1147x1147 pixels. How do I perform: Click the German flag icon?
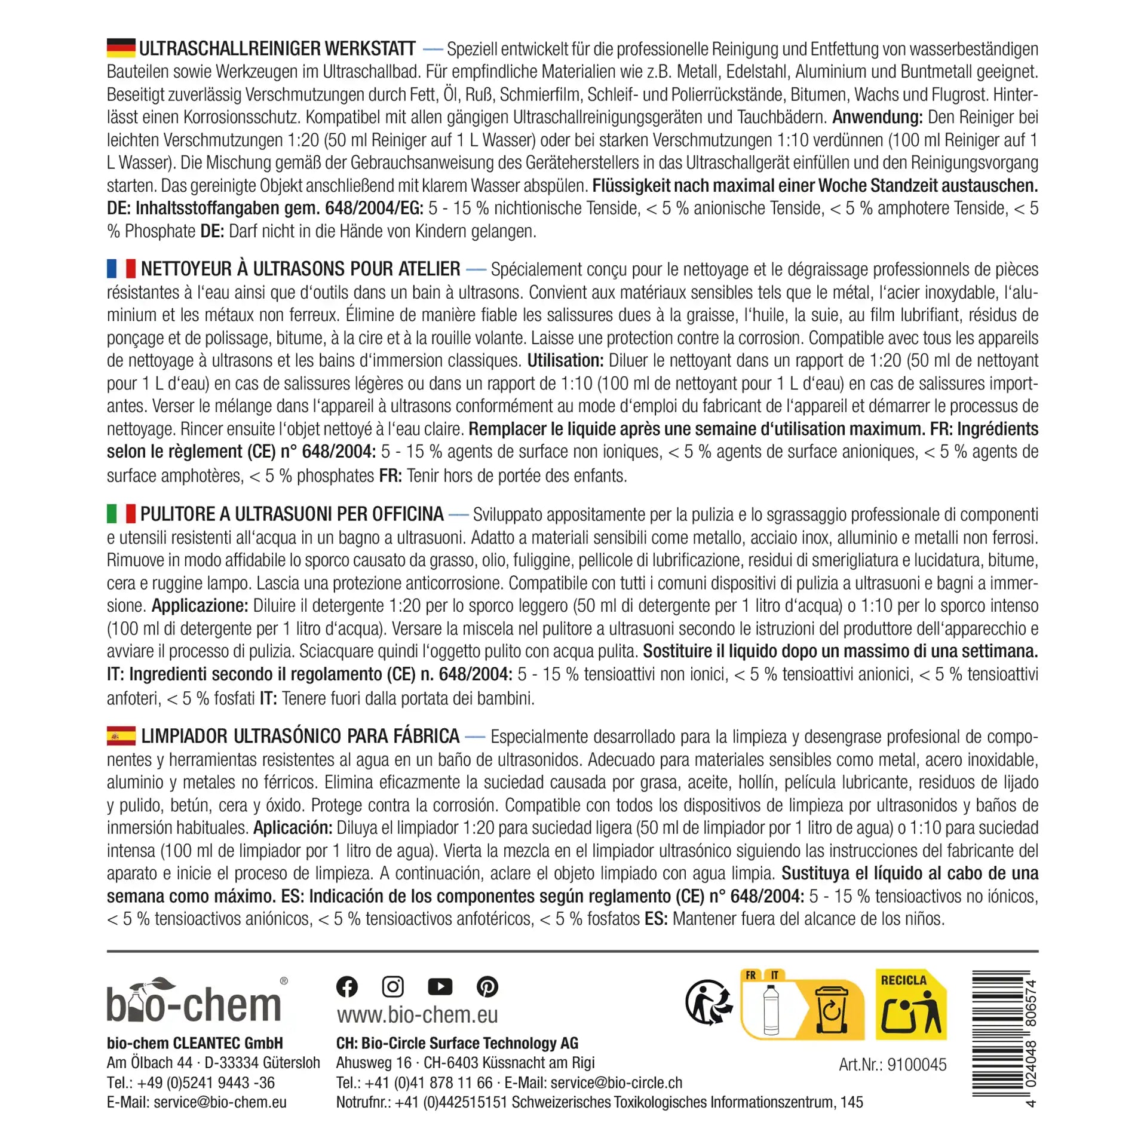(121, 48)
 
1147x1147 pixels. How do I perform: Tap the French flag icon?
(121, 269)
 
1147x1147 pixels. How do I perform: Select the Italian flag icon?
(121, 514)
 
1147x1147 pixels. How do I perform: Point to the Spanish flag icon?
(121, 736)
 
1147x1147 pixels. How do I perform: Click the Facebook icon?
(347, 986)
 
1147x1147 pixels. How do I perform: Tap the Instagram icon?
(392, 986)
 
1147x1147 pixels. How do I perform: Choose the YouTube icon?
(440, 986)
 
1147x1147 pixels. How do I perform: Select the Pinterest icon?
(487, 986)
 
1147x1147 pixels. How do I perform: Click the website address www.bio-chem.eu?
(417, 1014)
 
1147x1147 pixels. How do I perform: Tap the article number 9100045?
(916, 1065)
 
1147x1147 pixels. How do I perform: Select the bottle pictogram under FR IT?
(771, 1010)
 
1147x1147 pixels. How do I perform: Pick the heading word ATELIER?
(429, 269)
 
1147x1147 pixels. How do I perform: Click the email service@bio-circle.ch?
(616, 1082)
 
